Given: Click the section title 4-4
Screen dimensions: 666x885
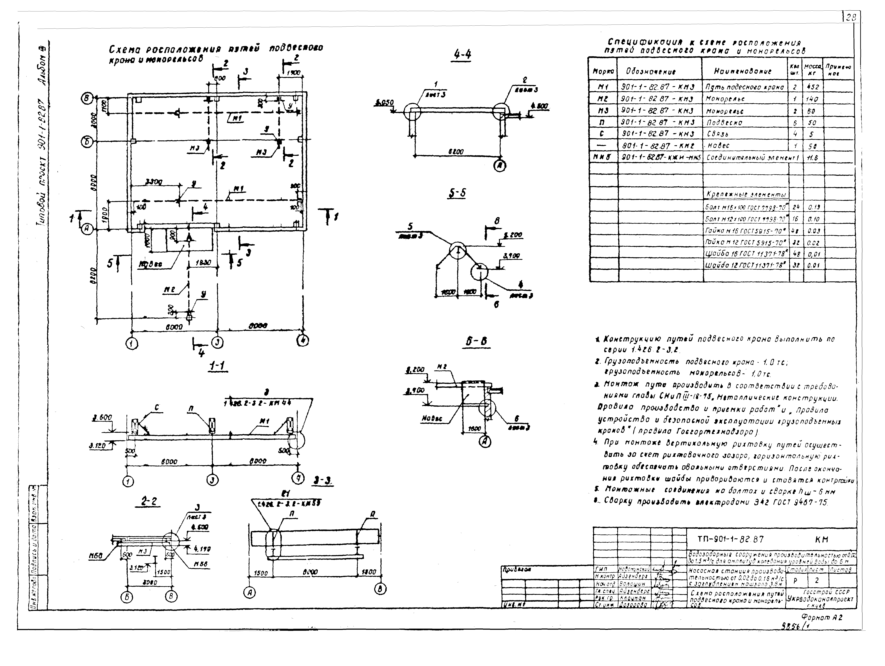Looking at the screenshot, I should click(462, 54).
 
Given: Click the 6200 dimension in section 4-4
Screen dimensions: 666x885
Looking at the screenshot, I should click(455, 152).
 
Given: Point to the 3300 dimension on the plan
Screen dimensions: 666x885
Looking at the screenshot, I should click(154, 182).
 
